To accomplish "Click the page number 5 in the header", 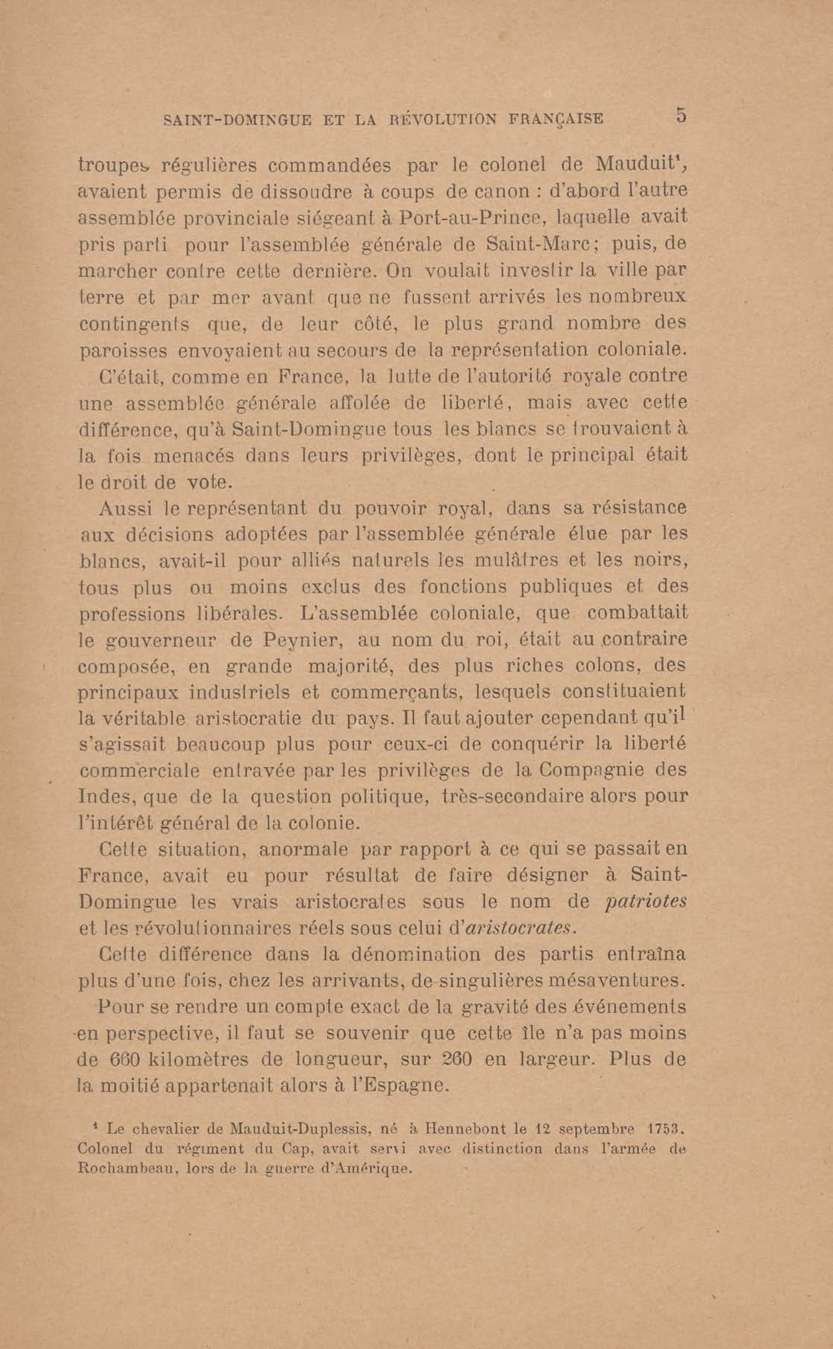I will click(681, 116).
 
